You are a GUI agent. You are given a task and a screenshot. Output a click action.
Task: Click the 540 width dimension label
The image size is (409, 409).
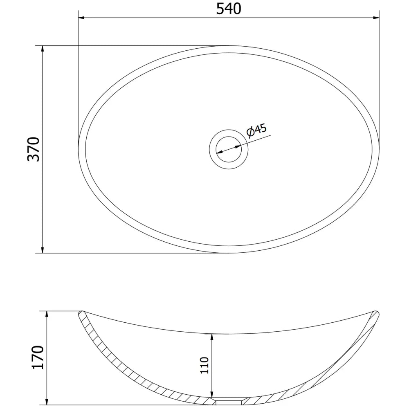pos(229,9)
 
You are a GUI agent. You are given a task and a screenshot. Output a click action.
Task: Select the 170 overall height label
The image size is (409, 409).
pos(38,357)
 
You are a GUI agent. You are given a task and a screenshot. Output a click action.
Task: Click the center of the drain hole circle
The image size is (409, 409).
pos(229,149)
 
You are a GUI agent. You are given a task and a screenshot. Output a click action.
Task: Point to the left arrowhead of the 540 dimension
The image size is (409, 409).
pos(81,18)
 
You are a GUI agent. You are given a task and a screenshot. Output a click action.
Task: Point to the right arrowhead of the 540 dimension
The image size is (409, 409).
pos(377,18)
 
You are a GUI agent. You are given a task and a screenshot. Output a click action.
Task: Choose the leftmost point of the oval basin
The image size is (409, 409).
pos(79,143)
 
